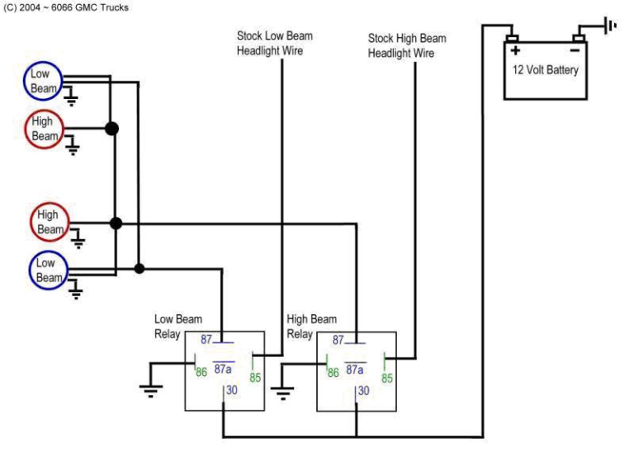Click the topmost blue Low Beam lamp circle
[x=40, y=81]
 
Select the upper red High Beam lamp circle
[x=44, y=129]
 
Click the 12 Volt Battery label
[x=546, y=70]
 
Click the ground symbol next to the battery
[x=609, y=26]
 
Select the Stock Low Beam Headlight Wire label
[x=275, y=44]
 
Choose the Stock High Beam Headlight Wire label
[x=407, y=45]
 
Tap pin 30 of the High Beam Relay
[x=363, y=391]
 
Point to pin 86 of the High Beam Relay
[x=333, y=373]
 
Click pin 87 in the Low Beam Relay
[x=207, y=339]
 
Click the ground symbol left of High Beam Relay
[x=283, y=391]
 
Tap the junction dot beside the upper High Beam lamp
[x=111, y=129]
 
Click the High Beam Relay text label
[x=312, y=327]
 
